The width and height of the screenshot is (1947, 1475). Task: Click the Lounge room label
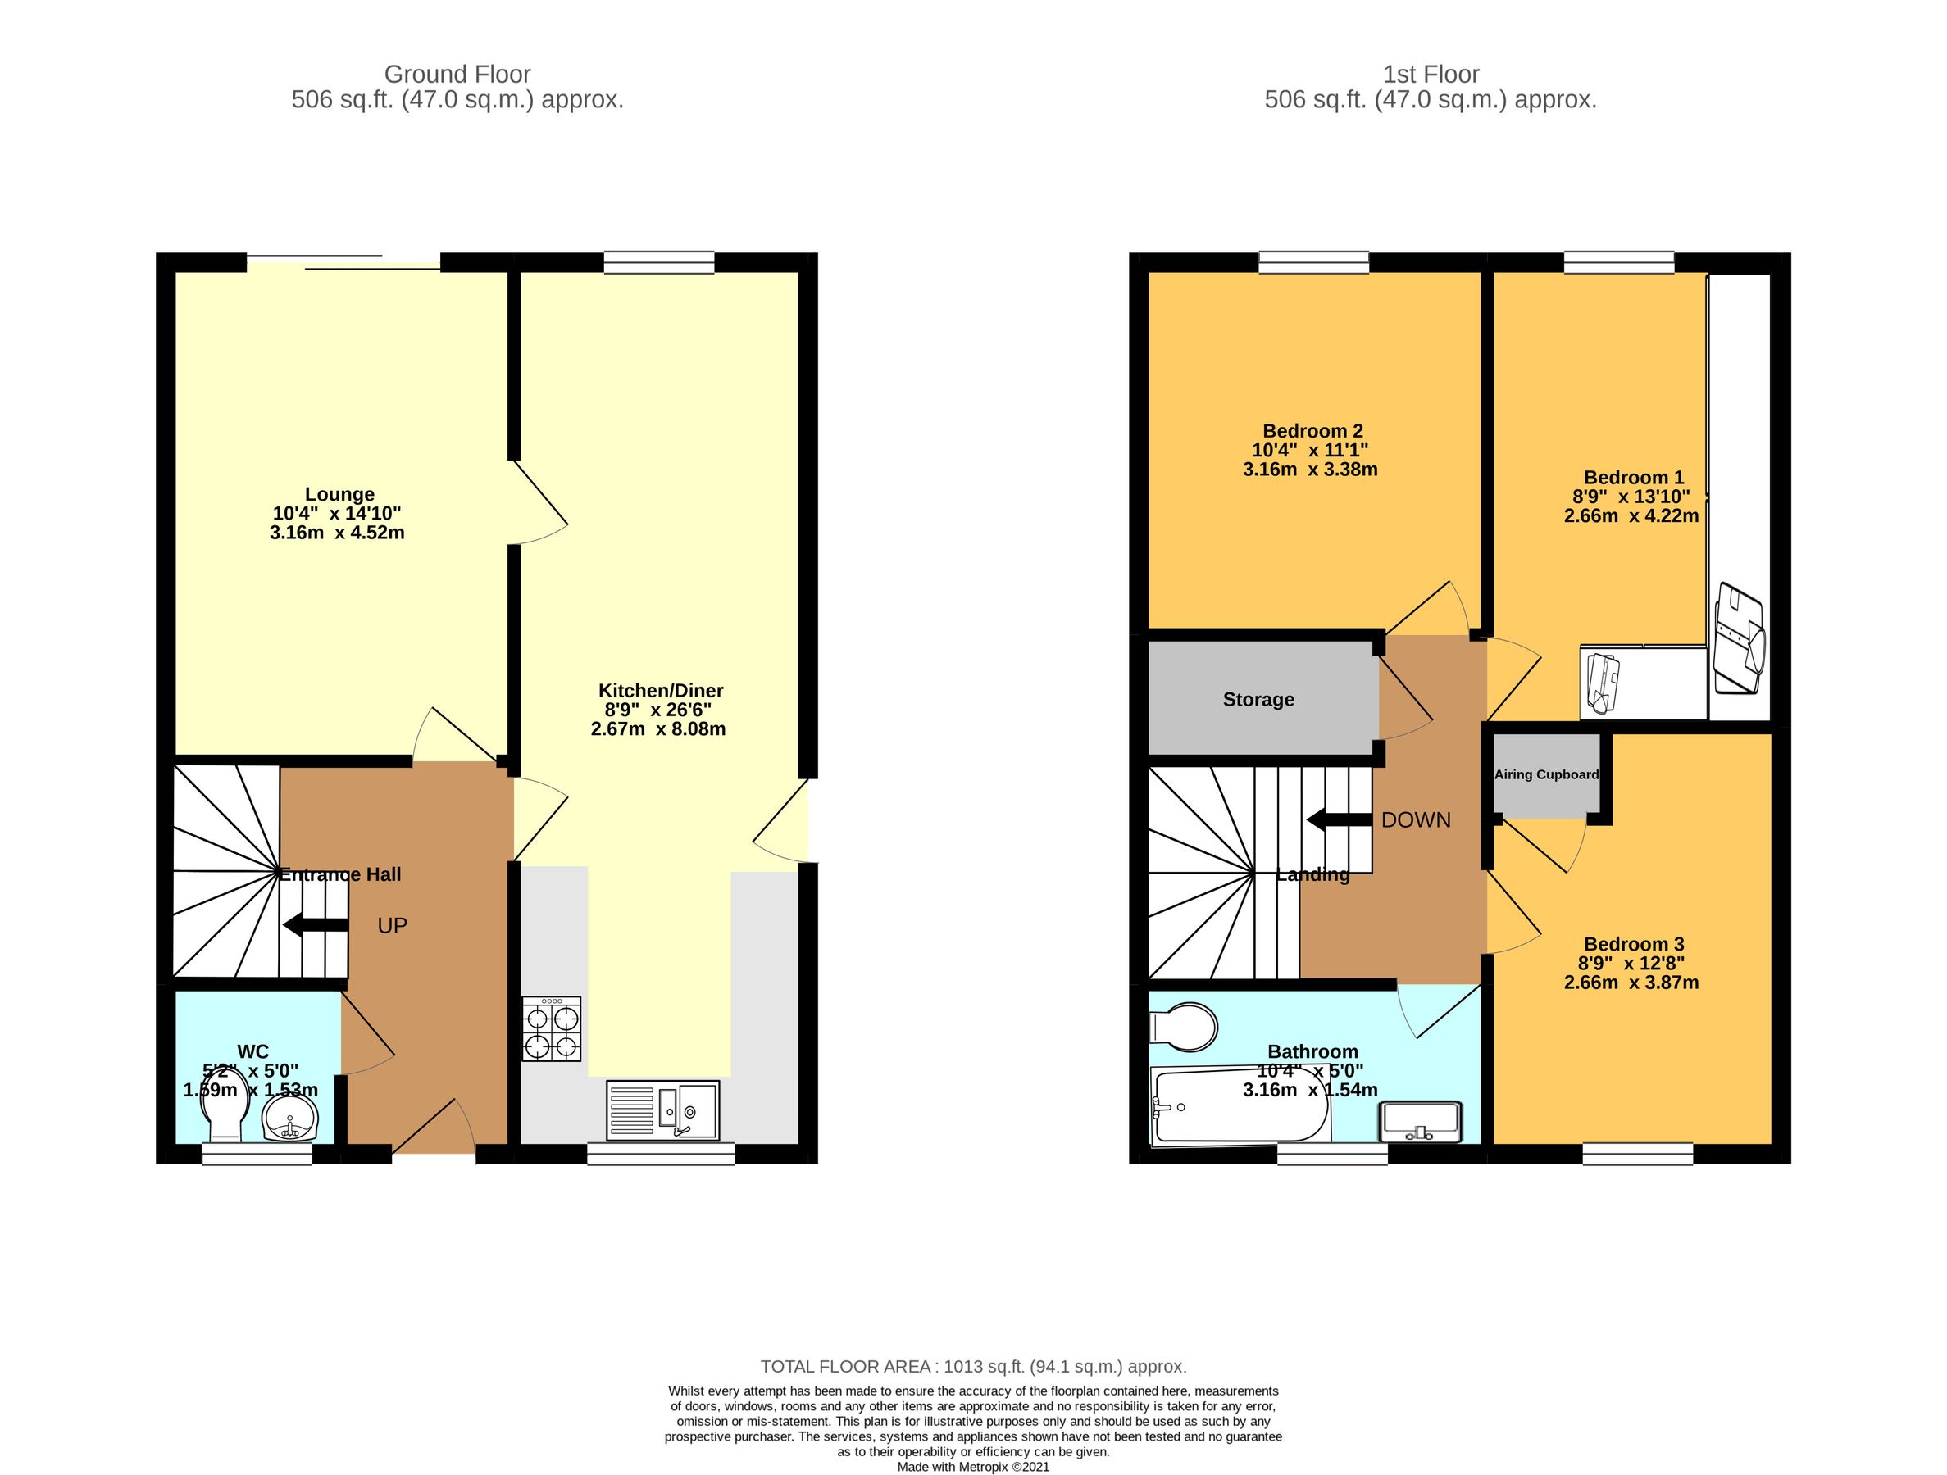(339, 495)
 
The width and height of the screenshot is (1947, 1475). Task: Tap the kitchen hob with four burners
(551, 1028)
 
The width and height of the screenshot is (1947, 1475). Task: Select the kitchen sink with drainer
(662, 1110)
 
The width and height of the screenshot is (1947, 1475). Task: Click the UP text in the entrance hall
(392, 926)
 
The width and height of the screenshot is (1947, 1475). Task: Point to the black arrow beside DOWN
(1338, 820)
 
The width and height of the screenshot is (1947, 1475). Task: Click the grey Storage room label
(1258, 700)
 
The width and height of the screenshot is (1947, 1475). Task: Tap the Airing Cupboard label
(1545, 774)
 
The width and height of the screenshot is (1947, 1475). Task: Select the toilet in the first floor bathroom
(1185, 1026)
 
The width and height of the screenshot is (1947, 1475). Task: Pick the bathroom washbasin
(1422, 1122)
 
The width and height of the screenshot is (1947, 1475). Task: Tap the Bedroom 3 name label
(1634, 944)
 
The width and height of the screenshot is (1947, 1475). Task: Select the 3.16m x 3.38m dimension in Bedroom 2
(1310, 470)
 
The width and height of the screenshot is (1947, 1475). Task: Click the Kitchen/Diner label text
(660, 691)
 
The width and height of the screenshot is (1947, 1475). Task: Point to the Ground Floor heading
(457, 74)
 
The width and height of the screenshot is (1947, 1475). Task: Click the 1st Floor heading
(1431, 74)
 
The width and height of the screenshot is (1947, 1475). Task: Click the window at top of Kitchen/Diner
(658, 261)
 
